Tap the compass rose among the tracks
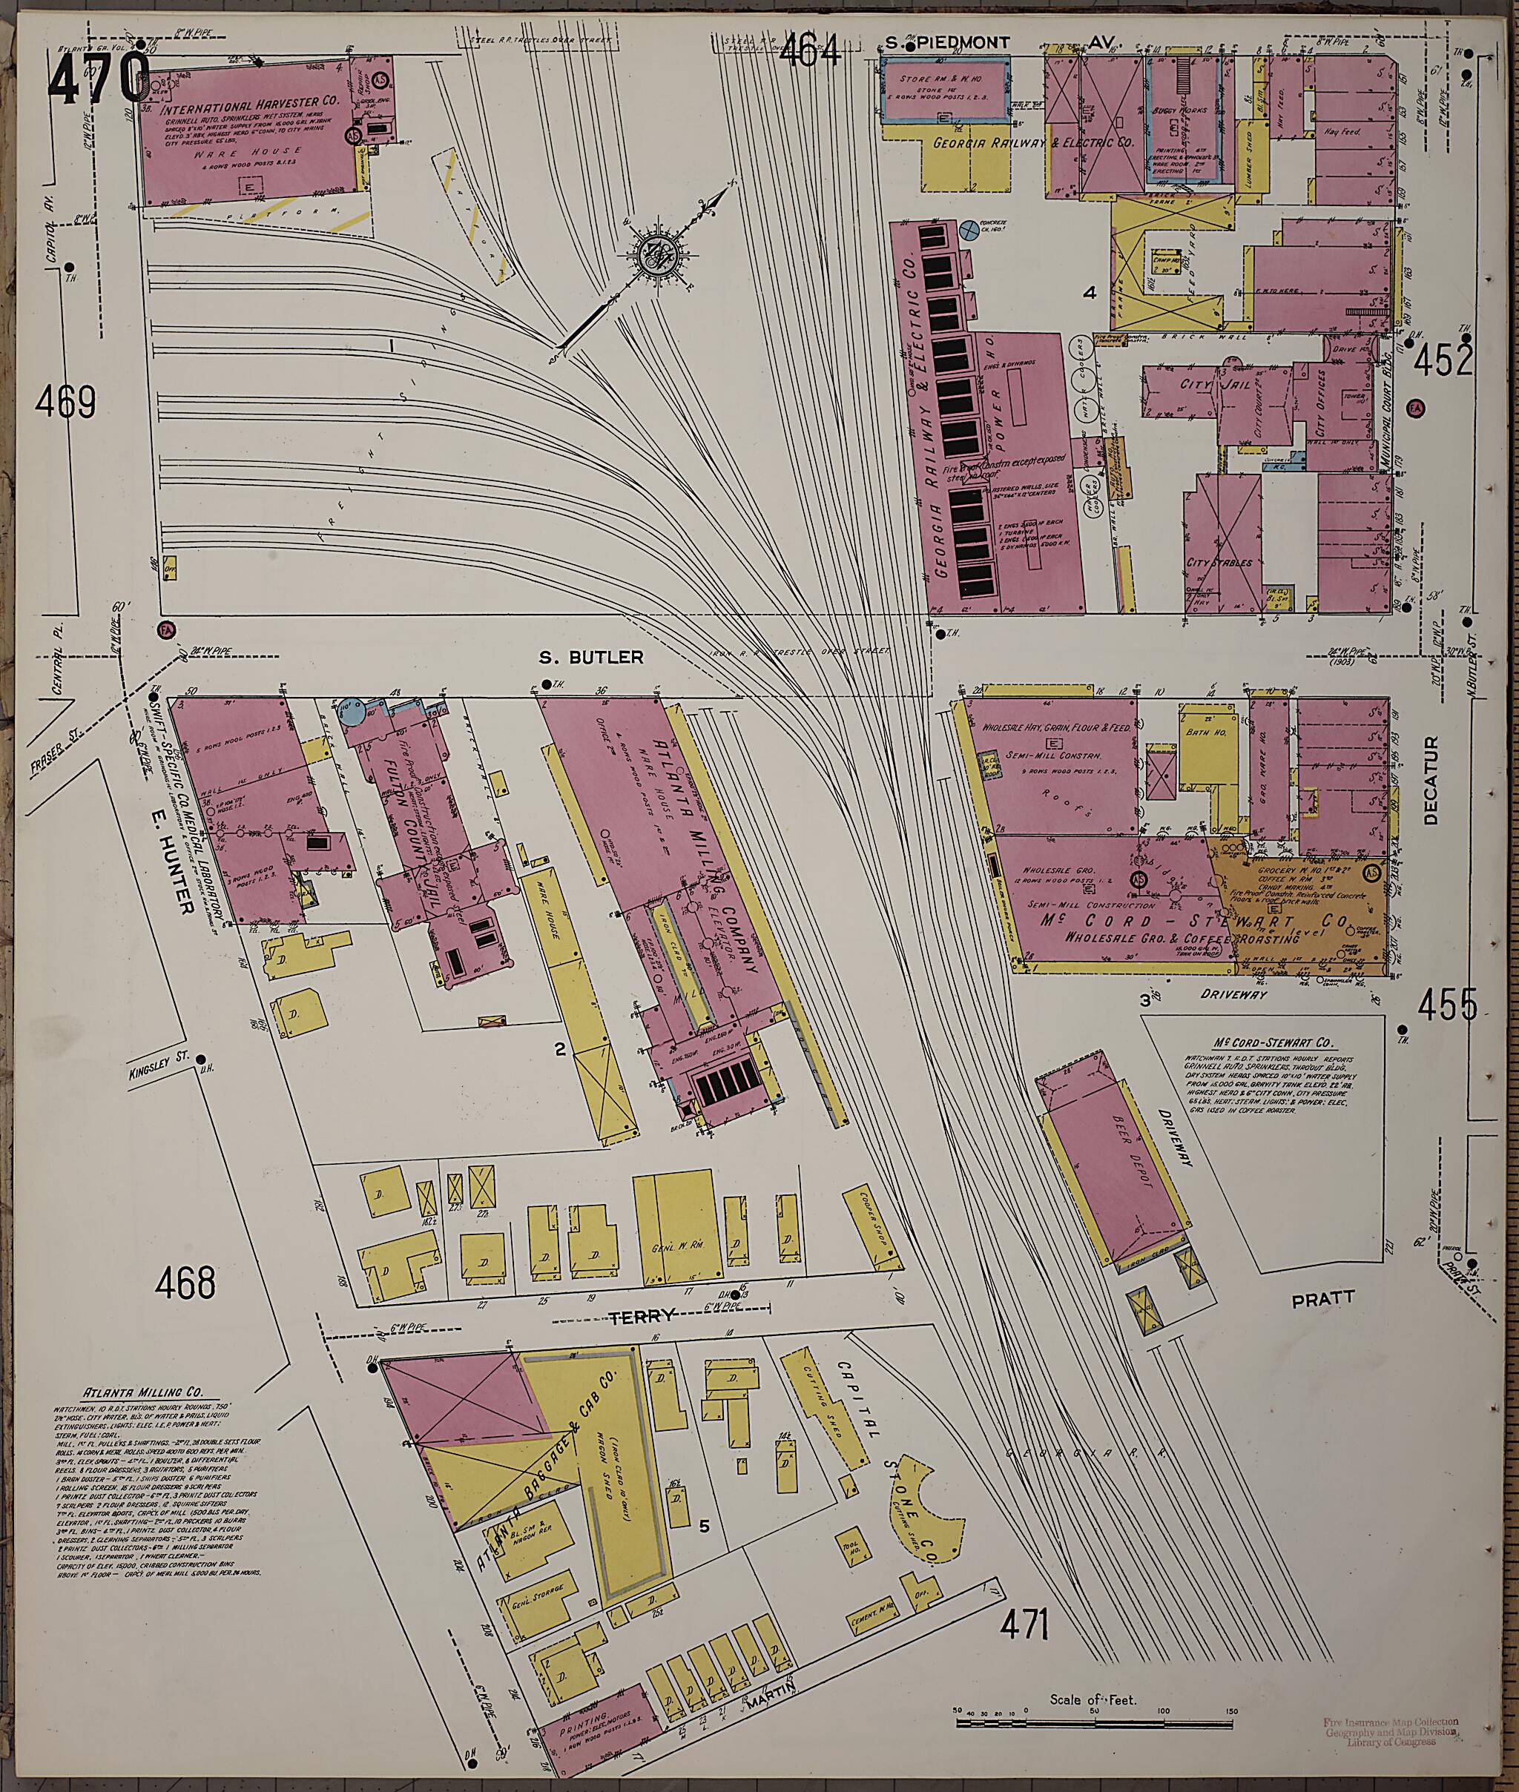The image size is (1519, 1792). click(659, 256)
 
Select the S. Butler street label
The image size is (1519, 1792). click(590, 658)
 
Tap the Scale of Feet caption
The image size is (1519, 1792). click(1093, 1699)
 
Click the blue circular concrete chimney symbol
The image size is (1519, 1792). click(968, 228)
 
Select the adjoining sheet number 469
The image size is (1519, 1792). click(65, 400)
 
